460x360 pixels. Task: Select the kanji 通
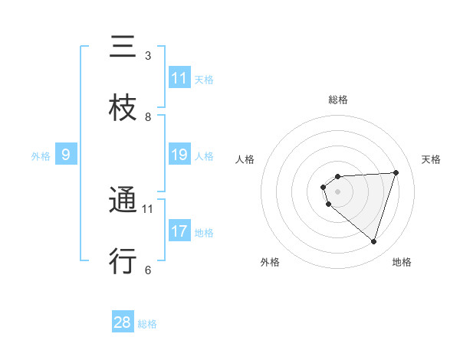pyautogui.click(x=123, y=201)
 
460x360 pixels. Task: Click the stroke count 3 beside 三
pyautogui.click(x=148, y=55)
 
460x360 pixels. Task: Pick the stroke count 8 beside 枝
pyautogui.click(x=148, y=116)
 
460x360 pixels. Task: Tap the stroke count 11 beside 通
pyautogui.click(x=148, y=208)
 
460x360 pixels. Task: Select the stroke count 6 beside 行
pyautogui.click(x=148, y=270)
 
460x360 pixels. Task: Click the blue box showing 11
pyautogui.click(x=179, y=78)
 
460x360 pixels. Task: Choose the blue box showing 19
pyautogui.click(x=179, y=155)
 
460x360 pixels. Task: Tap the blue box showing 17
pyautogui.click(x=179, y=231)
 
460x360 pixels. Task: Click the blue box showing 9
pyautogui.click(x=66, y=155)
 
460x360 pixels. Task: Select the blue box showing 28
pyautogui.click(x=123, y=322)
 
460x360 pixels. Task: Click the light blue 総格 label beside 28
pyautogui.click(x=147, y=324)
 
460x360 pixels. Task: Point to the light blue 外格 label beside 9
pyautogui.click(x=41, y=156)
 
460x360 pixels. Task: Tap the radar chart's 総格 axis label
pyautogui.click(x=338, y=100)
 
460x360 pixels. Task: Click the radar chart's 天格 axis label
pyautogui.click(x=432, y=159)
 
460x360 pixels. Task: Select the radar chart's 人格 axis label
pyautogui.click(x=245, y=159)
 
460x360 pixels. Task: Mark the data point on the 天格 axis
pyautogui.click(x=396, y=172)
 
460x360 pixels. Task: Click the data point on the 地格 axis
pyautogui.click(x=373, y=241)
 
